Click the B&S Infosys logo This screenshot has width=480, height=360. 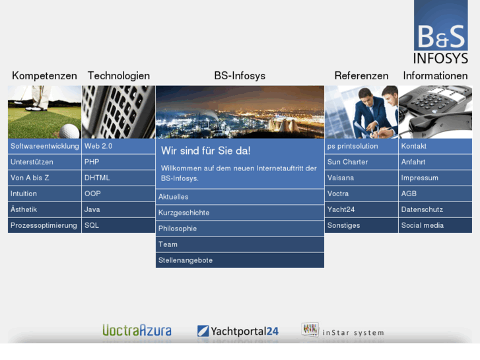pos(440,33)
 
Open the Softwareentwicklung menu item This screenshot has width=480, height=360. pos(44,146)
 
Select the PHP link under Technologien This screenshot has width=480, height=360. pos(92,162)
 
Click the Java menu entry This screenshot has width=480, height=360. pos(92,209)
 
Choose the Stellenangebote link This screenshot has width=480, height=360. pos(186,260)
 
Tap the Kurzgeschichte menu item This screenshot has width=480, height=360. pos(184,213)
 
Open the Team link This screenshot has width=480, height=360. pos(168,244)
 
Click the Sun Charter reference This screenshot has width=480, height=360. pos(347,162)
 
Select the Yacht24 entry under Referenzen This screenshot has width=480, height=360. pos(341,209)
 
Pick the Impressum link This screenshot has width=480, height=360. pos(419,178)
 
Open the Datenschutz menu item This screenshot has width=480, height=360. pos(422,209)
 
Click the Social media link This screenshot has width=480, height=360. pos(422,225)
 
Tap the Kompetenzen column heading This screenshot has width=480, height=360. pos(44,76)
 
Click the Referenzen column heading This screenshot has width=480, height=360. pos(361,76)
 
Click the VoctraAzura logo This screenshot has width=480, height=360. pos(137,330)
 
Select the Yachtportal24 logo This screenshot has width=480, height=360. pos(238,331)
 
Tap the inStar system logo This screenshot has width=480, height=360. pos(342,330)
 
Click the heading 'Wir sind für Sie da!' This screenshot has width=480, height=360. pos(205,151)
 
